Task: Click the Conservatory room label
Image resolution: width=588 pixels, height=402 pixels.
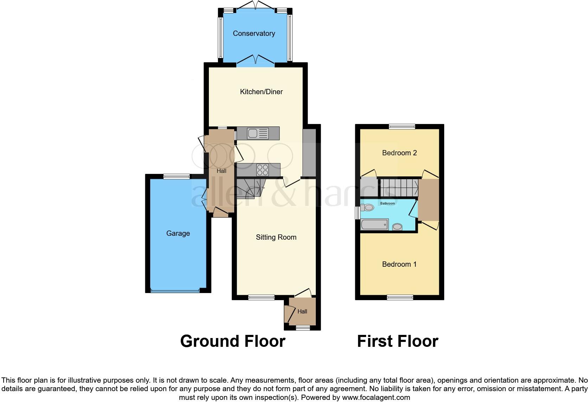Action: coord(254,33)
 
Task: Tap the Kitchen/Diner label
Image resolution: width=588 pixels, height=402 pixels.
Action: coord(261,92)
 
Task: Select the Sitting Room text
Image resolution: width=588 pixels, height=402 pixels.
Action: coord(276,237)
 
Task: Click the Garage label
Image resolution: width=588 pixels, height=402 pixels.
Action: coord(178,233)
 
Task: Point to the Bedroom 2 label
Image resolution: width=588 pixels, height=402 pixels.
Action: coord(400,153)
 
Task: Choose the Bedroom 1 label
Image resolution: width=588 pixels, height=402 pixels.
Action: coord(399,264)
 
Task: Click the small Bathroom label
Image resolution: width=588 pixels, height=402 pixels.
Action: coord(388,203)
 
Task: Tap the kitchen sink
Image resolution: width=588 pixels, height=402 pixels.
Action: coord(254,133)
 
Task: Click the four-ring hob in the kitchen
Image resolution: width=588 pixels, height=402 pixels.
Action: coord(262,170)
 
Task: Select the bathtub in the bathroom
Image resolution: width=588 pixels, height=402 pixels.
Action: coord(374,224)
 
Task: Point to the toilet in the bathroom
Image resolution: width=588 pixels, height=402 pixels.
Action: coord(367,208)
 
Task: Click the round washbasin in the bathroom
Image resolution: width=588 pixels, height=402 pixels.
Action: coord(397,227)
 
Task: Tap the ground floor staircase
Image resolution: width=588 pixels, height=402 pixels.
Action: coord(249,189)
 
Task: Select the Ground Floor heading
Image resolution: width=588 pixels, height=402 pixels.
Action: coord(232,341)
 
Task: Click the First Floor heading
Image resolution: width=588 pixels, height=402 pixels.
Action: coord(397,341)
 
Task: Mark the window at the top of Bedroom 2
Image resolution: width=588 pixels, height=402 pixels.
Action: coord(402,127)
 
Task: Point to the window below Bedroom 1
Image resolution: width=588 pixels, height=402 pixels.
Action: coord(400,297)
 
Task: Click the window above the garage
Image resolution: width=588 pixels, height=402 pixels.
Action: coord(176,177)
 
